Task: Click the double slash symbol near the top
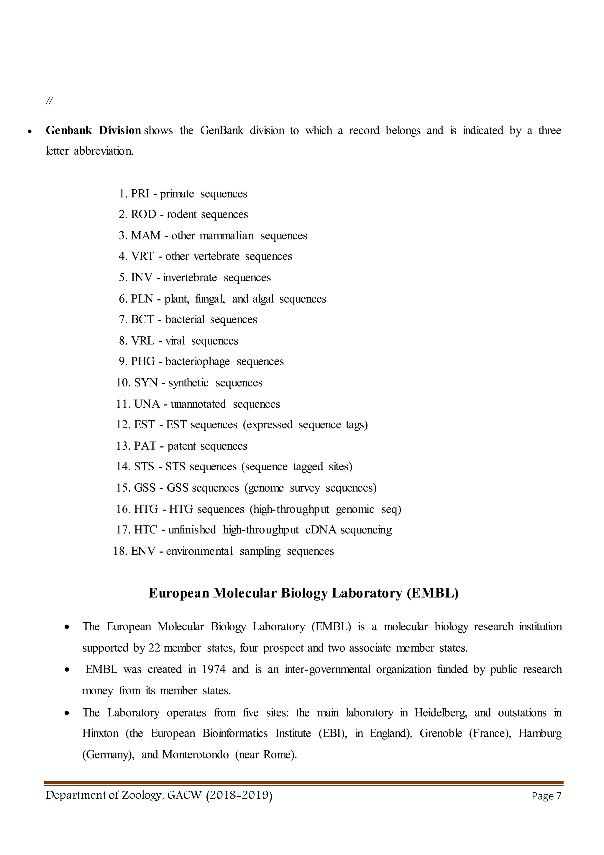49,101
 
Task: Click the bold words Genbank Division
93,130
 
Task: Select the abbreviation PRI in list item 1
140,194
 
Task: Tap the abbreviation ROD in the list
143,215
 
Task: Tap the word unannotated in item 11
198,404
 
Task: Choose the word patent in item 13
181,446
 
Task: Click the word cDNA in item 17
321,530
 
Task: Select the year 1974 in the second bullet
214,669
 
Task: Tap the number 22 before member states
154,648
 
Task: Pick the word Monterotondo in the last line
195,755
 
